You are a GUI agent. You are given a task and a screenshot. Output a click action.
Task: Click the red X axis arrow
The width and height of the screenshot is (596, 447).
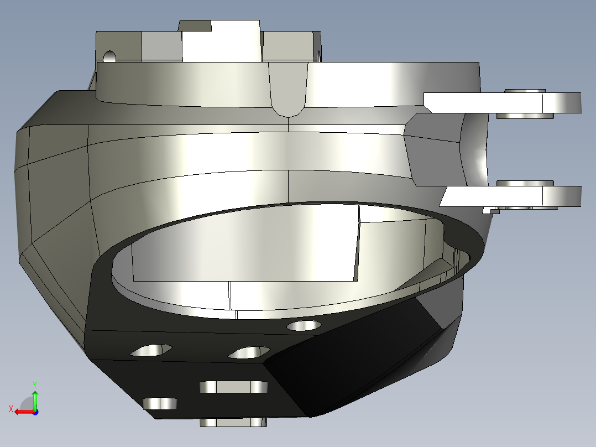[x=22, y=412]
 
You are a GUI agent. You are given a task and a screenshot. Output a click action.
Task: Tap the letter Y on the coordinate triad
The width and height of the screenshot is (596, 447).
[x=34, y=384]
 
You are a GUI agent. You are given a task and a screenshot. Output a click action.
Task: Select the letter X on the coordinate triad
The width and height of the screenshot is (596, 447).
[x=11, y=409]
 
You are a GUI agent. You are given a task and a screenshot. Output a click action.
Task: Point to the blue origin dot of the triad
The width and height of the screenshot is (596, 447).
[x=35, y=412]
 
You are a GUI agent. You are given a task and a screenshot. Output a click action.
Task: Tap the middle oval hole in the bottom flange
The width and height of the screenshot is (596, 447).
[x=249, y=352]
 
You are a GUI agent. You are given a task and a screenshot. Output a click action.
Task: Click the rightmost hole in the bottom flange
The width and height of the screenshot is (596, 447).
[x=304, y=326]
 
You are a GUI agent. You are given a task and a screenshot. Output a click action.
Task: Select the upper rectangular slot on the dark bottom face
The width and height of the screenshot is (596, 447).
[x=233, y=387]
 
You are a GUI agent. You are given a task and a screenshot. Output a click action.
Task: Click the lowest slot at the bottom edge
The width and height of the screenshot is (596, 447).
[x=233, y=423]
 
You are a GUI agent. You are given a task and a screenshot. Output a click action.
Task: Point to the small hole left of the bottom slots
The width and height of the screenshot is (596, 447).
[x=160, y=404]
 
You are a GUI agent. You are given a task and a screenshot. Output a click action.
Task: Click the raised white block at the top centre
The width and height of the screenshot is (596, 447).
[x=221, y=41]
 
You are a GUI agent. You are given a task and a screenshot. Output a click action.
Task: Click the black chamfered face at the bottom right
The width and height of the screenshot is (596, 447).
[x=354, y=360]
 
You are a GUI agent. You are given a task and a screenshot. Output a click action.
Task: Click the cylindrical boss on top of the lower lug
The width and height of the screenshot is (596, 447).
[x=525, y=183]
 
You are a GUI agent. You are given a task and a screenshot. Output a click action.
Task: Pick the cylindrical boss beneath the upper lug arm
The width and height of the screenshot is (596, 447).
[x=525, y=116]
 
